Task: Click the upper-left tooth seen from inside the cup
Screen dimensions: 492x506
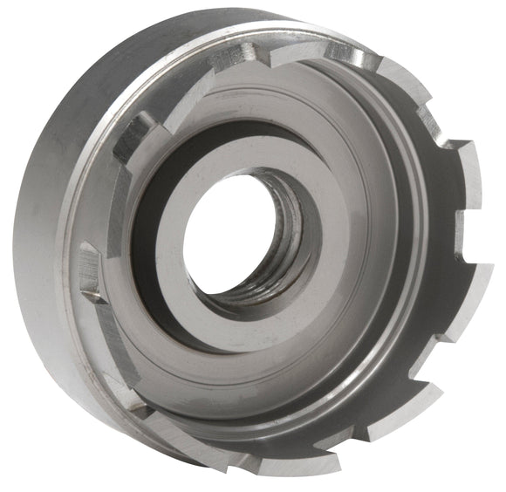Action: click(x=131, y=135)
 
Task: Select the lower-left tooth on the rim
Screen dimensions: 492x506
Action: click(x=131, y=393)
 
